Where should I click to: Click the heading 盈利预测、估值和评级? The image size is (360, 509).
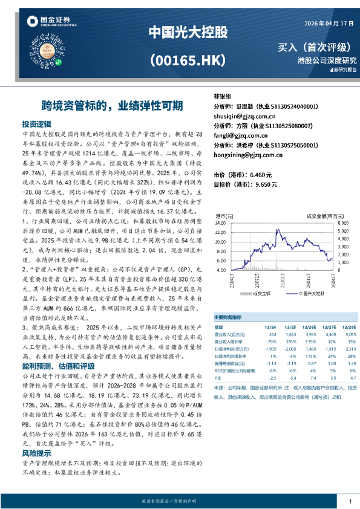58,366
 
